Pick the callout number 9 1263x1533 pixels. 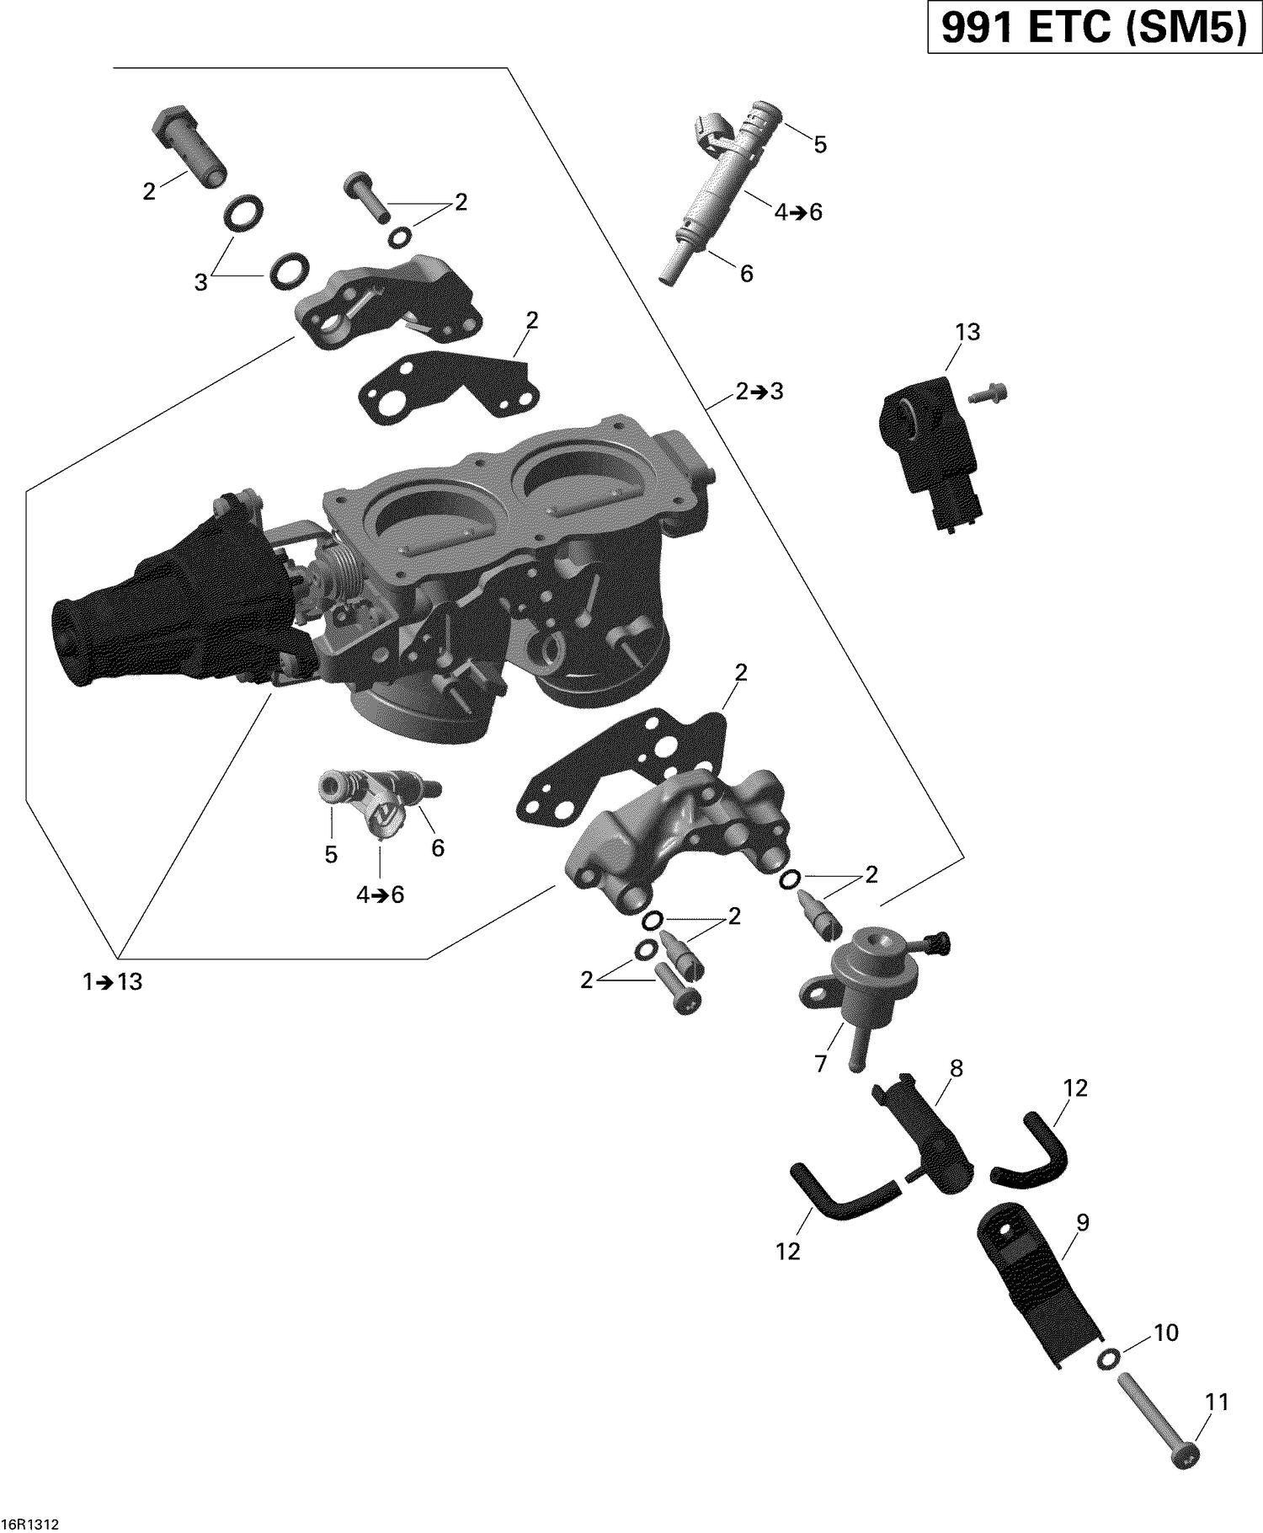point(1082,1223)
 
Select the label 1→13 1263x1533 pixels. point(113,982)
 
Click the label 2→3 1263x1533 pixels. point(759,392)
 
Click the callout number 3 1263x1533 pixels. point(200,283)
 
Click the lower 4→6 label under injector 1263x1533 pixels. point(380,895)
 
